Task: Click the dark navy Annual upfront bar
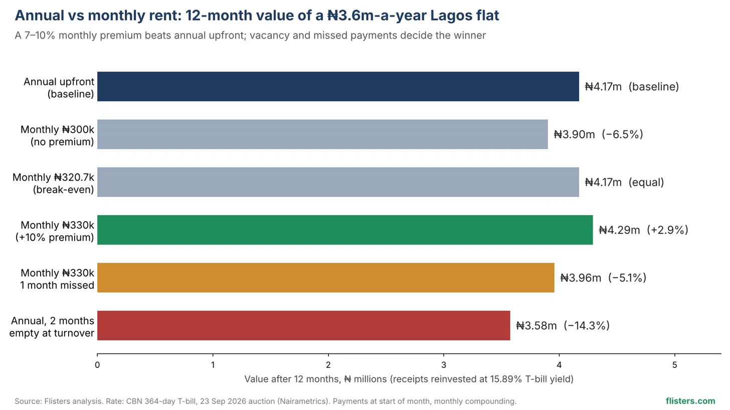coord(338,87)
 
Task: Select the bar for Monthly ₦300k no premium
coord(322,134)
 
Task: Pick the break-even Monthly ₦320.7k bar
coord(338,182)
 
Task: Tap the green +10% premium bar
coord(345,230)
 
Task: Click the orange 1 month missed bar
coord(325,278)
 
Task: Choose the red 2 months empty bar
coord(304,326)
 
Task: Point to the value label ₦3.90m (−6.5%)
coord(598,134)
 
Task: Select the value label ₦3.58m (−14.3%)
coord(563,326)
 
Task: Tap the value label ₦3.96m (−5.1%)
coord(603,278)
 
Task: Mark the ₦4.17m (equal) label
coord(624,182)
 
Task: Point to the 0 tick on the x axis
coord(97,365)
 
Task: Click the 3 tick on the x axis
coord(444,365)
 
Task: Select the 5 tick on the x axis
coord(675,365)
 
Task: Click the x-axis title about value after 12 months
coord(409,379)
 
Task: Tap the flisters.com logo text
coord(690,401)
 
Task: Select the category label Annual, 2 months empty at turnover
coord(52,327)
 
